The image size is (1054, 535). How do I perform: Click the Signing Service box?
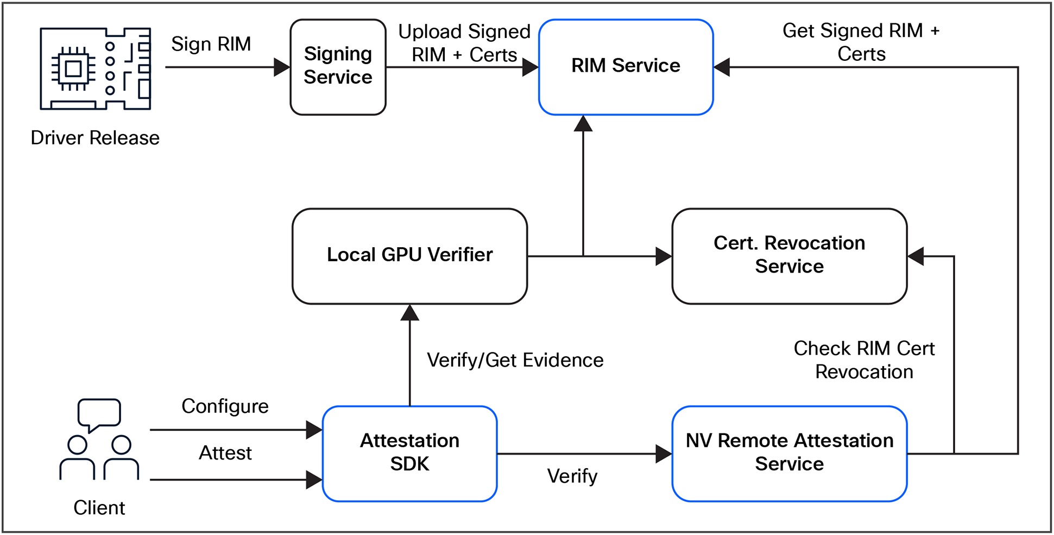coord(338,67)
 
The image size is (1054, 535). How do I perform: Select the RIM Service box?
coord(626,67)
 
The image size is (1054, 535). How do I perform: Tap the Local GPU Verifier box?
coord(409,256)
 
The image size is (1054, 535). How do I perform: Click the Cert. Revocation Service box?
coord(789,256)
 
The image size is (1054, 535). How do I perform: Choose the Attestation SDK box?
coord(409,453)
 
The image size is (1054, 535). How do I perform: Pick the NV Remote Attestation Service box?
coord(789,453)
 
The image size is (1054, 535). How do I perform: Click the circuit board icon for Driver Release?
coord(96,68)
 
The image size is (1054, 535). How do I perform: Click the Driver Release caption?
coord(95,138)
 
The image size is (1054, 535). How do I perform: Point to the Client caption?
coord(99,508)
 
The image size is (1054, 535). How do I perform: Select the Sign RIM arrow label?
coord(211,44)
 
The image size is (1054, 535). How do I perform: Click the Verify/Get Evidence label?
coord(515,360)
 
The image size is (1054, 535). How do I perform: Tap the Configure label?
coord(225,406)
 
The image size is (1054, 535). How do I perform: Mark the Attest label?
coord(225,453)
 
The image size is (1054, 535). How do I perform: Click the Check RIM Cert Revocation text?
coord(864,360)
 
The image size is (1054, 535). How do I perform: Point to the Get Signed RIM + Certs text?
coord(861,42)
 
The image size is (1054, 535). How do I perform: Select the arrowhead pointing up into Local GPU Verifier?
coord(409,312)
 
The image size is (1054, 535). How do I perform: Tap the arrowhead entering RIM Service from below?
coord(583,123)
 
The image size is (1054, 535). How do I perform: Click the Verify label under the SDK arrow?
coord(572,476)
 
